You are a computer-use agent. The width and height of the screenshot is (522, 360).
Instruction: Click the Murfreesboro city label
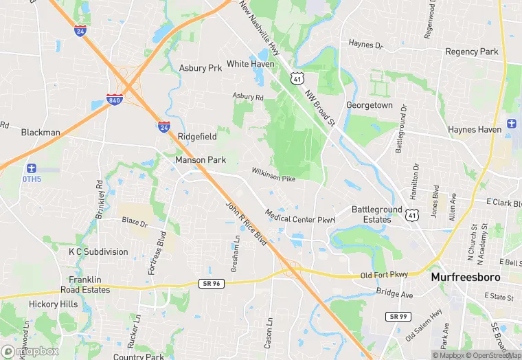tap(475, 277)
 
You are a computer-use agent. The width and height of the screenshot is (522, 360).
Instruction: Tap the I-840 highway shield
tap(114, 99)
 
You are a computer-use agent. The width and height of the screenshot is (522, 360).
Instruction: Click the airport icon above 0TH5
tap(31, 168)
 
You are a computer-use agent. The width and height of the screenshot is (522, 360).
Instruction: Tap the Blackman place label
tap(41, 132)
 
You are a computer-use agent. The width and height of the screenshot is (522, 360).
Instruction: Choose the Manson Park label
tap(201, 160)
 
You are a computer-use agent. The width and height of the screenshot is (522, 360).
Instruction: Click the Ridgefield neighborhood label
tap(197, 137)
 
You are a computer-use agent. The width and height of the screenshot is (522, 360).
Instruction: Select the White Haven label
tap(251, 64)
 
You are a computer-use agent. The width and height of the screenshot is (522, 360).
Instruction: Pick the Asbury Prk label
tap(201, 68)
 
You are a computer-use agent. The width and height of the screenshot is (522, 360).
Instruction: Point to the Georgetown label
tap(370, 105)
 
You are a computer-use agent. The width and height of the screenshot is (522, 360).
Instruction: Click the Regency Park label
tap(472, 52)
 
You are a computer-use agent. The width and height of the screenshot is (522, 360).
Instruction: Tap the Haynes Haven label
tap(475, 129)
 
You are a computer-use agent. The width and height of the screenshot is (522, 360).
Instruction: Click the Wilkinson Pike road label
tap(273, 175)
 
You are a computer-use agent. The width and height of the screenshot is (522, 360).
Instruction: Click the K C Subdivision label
tap(98, 251)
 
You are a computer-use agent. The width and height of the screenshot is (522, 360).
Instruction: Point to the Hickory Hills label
tap(53, 304)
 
